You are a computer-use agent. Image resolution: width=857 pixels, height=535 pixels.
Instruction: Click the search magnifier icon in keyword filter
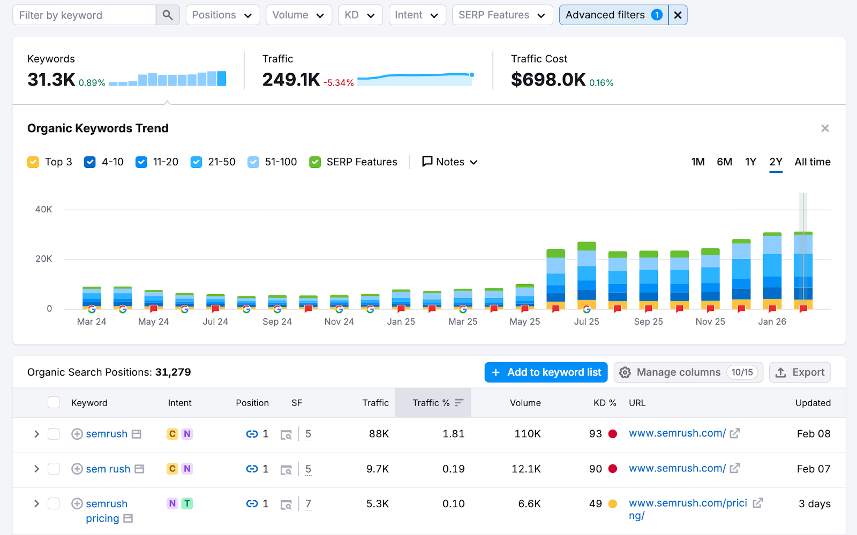coord(168,15)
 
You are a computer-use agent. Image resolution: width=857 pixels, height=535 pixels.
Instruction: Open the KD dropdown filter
coord(360,15)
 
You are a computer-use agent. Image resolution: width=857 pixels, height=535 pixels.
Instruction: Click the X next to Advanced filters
coord(678,15)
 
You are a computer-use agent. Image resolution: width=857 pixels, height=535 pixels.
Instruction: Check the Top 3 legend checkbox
coord(33,162)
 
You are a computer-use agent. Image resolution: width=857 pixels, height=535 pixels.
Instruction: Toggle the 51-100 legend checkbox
coord(253,162)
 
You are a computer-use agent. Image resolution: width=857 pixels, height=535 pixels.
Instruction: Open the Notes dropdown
coord(450,162)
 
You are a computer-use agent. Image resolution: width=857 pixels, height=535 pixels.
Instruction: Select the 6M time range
coord(724,162)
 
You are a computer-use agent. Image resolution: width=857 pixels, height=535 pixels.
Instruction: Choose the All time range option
coord(812,162)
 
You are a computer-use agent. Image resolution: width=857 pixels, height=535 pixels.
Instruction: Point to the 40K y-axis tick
coord(44,210)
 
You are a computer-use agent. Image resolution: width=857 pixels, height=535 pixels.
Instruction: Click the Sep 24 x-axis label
coord(277,322)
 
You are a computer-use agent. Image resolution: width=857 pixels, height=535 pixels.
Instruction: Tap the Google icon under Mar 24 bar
coord(92,309)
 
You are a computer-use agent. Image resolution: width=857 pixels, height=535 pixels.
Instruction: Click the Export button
coord(800,372)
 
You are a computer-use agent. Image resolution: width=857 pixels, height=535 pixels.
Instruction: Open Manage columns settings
coord(688,372)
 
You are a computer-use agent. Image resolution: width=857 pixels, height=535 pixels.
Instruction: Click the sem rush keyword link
coord(108,469)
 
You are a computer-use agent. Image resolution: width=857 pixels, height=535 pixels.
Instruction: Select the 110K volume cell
coord(527,434)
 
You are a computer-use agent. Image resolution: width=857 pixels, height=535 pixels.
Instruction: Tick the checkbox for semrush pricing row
coord(54,504)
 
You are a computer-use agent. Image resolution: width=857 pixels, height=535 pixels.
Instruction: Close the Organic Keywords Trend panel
coord(825,128)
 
